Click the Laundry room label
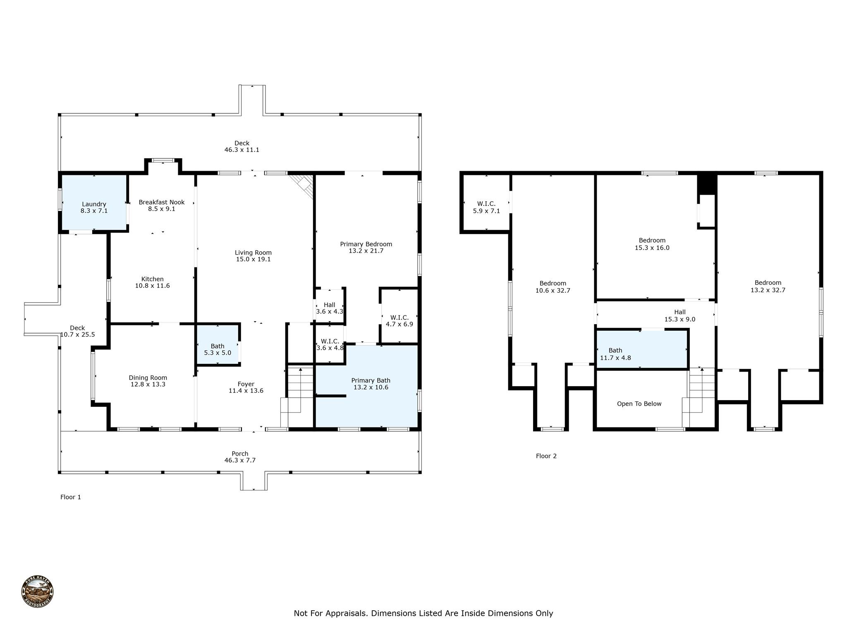(x=94, y=205)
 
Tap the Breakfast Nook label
(x=161, y=203)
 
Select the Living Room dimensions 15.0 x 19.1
(x=253, y=260)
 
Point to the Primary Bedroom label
(x=366, y=244)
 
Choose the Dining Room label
(x=148, y=378)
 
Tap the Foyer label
(x=246, y=384)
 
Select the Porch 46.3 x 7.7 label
(x=240, y=457)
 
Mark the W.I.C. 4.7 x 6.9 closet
(x=399, y=321)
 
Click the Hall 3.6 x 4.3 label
(x=330, y=305)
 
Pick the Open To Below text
(x=639, y=404)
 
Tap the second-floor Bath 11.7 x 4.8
(x=616, y=354)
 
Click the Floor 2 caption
(x=546, y=456)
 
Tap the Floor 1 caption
(x=71, y=497)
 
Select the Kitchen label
(x=152, y=279)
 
